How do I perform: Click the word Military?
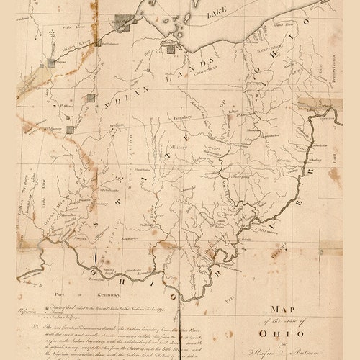tap(179, 145)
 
